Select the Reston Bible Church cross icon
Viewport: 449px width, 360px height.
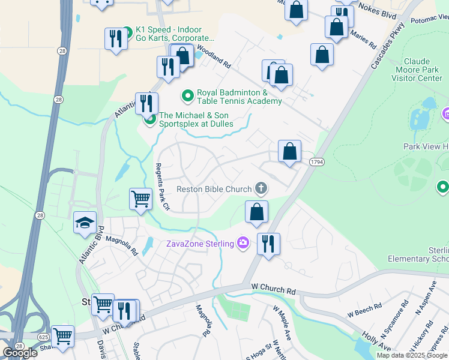pos(261,189)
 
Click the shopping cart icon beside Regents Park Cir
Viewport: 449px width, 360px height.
pos(140,199)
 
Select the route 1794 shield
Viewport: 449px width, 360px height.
pos(317,162)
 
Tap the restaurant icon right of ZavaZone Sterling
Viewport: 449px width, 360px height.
pos(268,244)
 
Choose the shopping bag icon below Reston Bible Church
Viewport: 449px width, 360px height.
pos(256,212)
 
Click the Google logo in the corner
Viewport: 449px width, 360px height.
pos(20,353)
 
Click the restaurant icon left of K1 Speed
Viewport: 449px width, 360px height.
pos(113,38)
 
